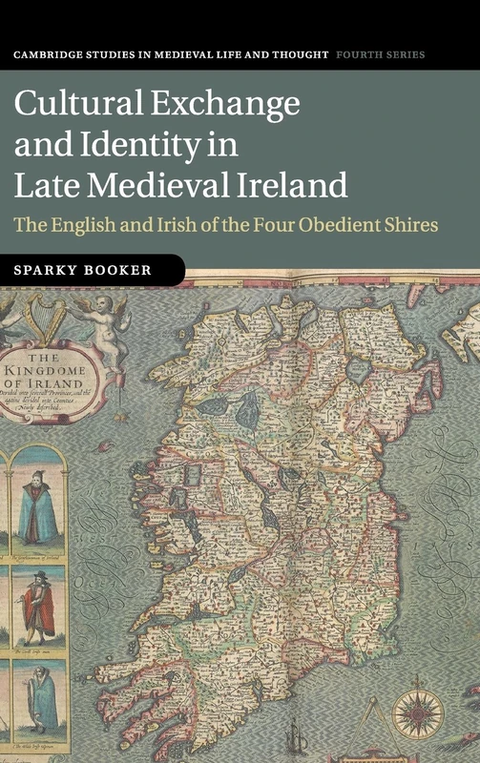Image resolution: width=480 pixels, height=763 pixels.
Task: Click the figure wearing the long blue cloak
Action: (x=39, y=510)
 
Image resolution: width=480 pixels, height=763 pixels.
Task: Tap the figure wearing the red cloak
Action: (x=39, y=605)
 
